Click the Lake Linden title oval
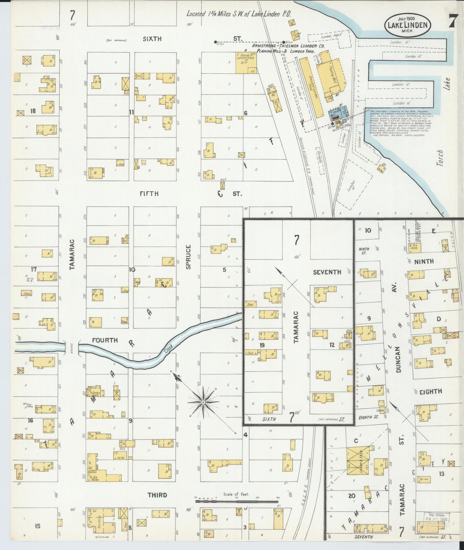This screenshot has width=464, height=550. point(408,25)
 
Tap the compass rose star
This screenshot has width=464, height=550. point(203,402)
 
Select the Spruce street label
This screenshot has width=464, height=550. point(188,257)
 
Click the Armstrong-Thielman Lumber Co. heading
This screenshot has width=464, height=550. point(288,46)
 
